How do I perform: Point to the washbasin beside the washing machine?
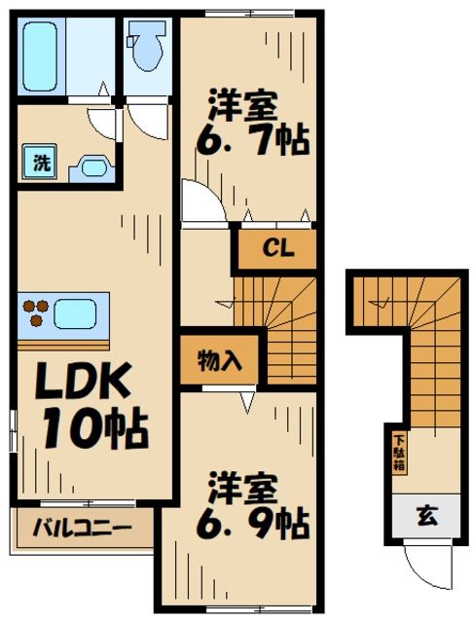[x=92, y=166]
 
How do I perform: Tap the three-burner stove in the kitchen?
[x=35, y=313]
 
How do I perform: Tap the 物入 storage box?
[x=220, y=359]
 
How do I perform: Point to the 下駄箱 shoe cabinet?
[x=399, y=451]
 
